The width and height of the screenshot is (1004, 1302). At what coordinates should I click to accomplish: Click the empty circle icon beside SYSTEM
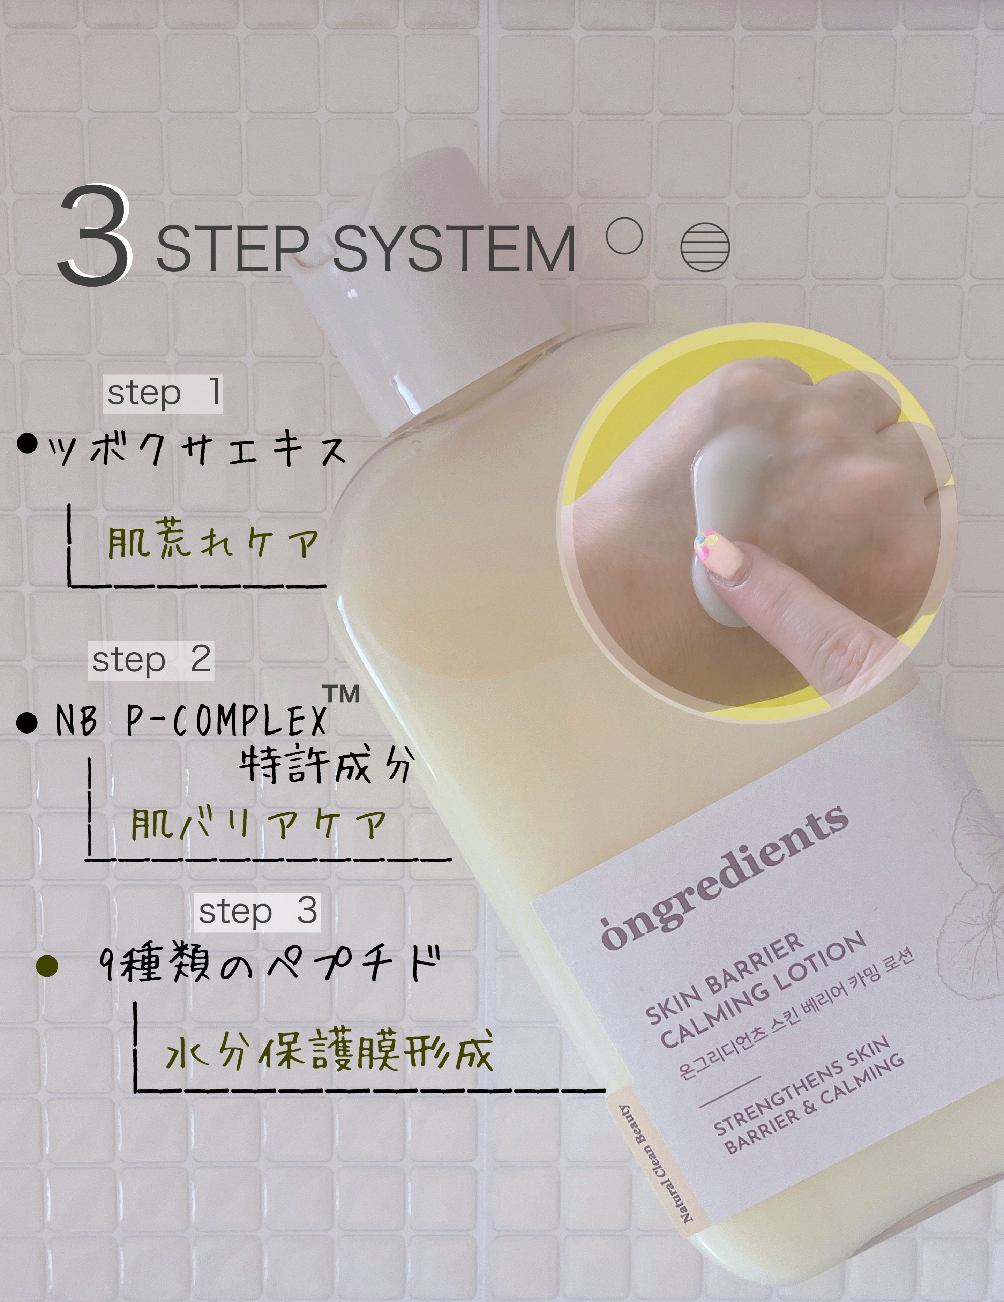tap(624, 236)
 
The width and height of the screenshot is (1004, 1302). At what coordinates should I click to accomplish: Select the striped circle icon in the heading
tap(705, 247)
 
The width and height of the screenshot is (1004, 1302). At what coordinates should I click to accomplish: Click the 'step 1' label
tap(163, 394)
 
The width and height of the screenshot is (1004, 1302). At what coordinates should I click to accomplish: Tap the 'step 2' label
tap(151, 661)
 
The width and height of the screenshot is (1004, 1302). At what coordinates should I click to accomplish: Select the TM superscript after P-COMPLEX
tap(342, 694)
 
